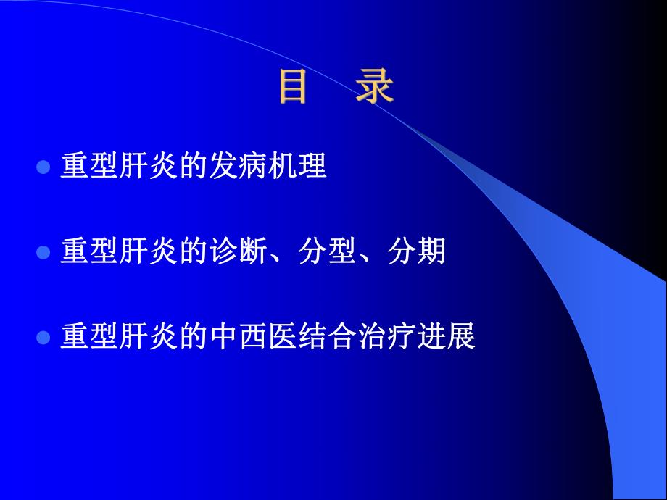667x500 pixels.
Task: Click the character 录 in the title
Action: coord(375,87)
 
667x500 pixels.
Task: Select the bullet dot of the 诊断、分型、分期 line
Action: coord(43,253)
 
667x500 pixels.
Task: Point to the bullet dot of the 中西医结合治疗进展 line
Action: coord(43,338)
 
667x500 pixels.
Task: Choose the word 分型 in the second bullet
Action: coord(328,252)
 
